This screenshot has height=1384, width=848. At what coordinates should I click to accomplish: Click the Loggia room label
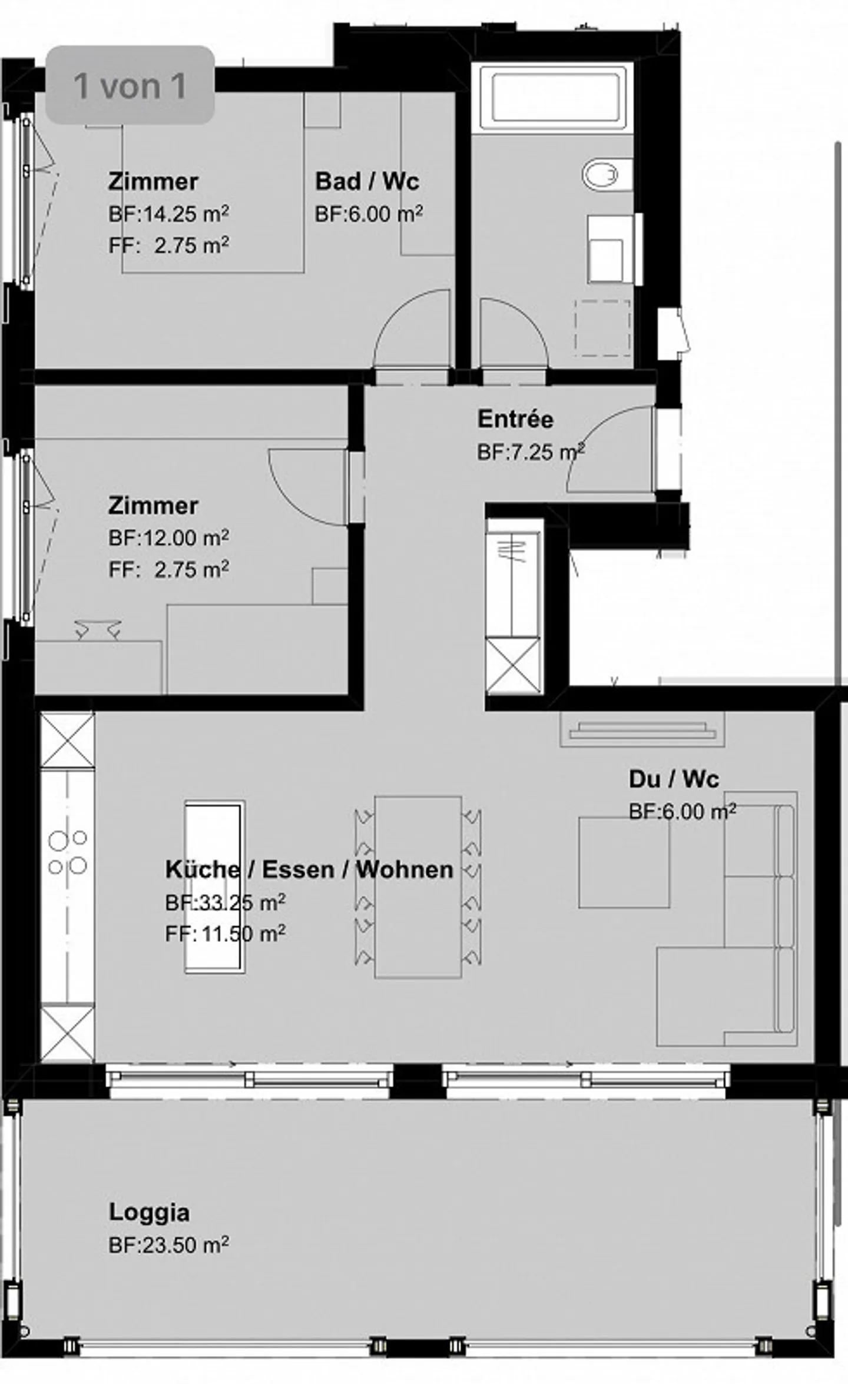(149, 1212)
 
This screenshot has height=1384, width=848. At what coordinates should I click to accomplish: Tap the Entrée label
(515, 419)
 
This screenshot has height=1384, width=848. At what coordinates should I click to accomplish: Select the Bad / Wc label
(367, 181)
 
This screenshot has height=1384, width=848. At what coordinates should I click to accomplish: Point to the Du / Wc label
(674, 779)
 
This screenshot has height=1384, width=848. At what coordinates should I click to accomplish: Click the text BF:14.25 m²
(168, 214)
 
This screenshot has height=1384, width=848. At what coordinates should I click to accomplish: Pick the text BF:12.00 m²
(168, 538)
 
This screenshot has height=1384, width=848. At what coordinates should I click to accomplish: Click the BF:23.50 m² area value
(168, 1245)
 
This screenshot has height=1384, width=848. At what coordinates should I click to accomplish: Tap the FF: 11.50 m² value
(226, 934)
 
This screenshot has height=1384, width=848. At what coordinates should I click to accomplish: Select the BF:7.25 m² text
(530, 452)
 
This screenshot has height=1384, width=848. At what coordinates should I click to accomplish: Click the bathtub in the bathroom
(553, 97)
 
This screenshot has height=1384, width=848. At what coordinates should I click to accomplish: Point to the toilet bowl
(601, 175)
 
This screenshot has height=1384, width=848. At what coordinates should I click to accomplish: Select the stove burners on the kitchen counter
(67, 851)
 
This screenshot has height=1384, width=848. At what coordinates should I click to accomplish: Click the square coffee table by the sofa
(624, 862)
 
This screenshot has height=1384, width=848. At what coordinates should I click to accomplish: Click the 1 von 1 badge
(130, 85)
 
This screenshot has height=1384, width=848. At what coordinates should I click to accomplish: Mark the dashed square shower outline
(602, 327)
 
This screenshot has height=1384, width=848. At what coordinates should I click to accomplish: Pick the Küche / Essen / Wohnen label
(309, 869)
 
